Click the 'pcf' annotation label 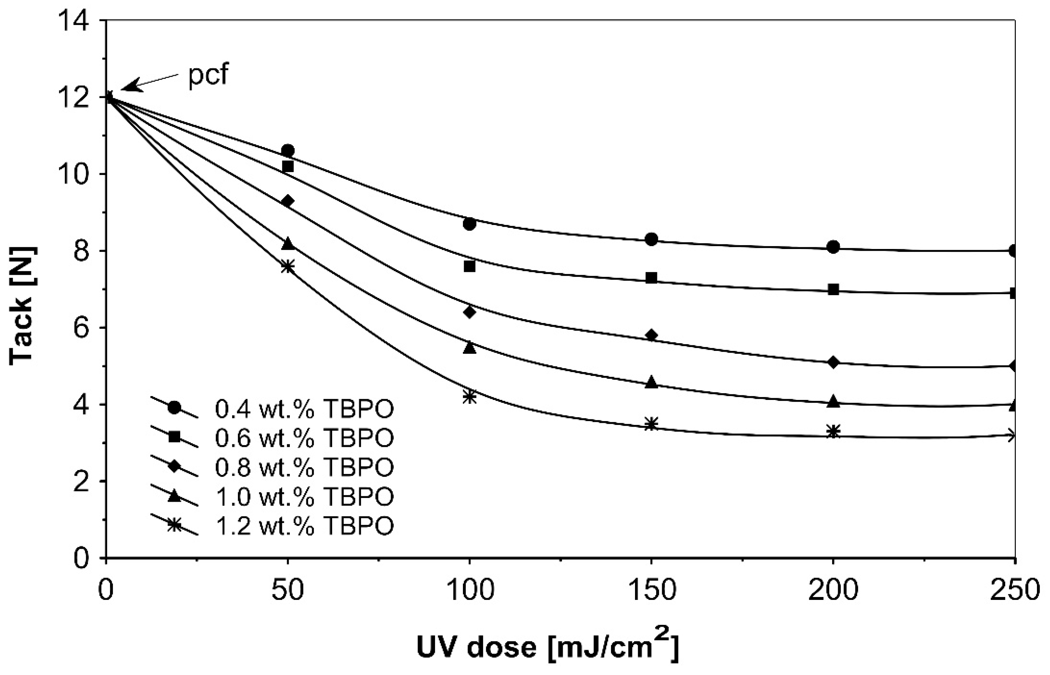click(x=208, y=75)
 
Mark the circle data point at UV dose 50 click(x=287, y=151)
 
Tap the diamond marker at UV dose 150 click(x=651, y=335)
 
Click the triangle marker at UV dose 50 click(x=287, y=243)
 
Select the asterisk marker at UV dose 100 click(x=469, y=397)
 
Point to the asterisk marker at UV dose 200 click(x=834, y=431)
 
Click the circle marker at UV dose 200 click(x=834, y=247)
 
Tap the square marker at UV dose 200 click(x=834, y=289)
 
